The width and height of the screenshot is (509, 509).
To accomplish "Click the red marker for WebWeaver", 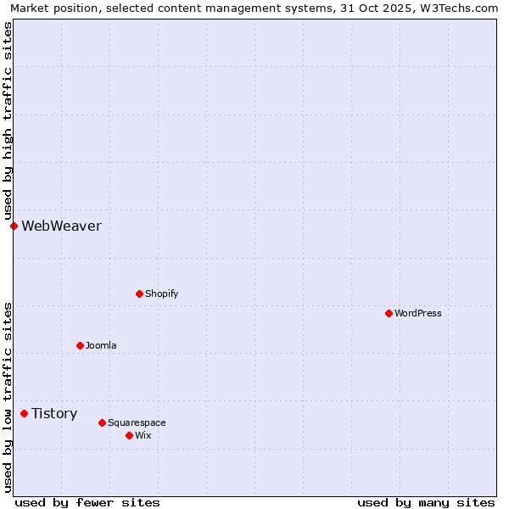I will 14,226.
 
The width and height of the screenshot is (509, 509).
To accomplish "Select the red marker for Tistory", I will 24,414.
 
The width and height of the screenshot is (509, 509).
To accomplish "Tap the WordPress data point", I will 389,313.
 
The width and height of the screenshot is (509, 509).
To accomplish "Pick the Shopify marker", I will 139,294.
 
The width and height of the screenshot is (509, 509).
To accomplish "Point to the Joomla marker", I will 80,345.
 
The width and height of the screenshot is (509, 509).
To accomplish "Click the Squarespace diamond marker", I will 102,422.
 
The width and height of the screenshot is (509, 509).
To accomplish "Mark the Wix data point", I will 129,435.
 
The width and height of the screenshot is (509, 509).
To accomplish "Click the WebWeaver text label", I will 61,226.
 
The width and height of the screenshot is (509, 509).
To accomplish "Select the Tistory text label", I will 54,414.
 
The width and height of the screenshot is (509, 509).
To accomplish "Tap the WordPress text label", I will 418,313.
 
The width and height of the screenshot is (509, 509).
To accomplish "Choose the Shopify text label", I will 161,294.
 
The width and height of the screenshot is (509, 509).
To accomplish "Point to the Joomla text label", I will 101,345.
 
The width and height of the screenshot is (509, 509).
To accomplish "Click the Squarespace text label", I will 137,422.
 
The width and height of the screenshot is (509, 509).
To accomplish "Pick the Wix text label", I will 143,435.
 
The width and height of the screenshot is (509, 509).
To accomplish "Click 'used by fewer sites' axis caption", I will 87,502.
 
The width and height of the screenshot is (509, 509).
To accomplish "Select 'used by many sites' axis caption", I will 426,502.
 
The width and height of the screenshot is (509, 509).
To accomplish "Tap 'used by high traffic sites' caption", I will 8,120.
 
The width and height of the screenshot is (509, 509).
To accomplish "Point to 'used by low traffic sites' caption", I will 8,396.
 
